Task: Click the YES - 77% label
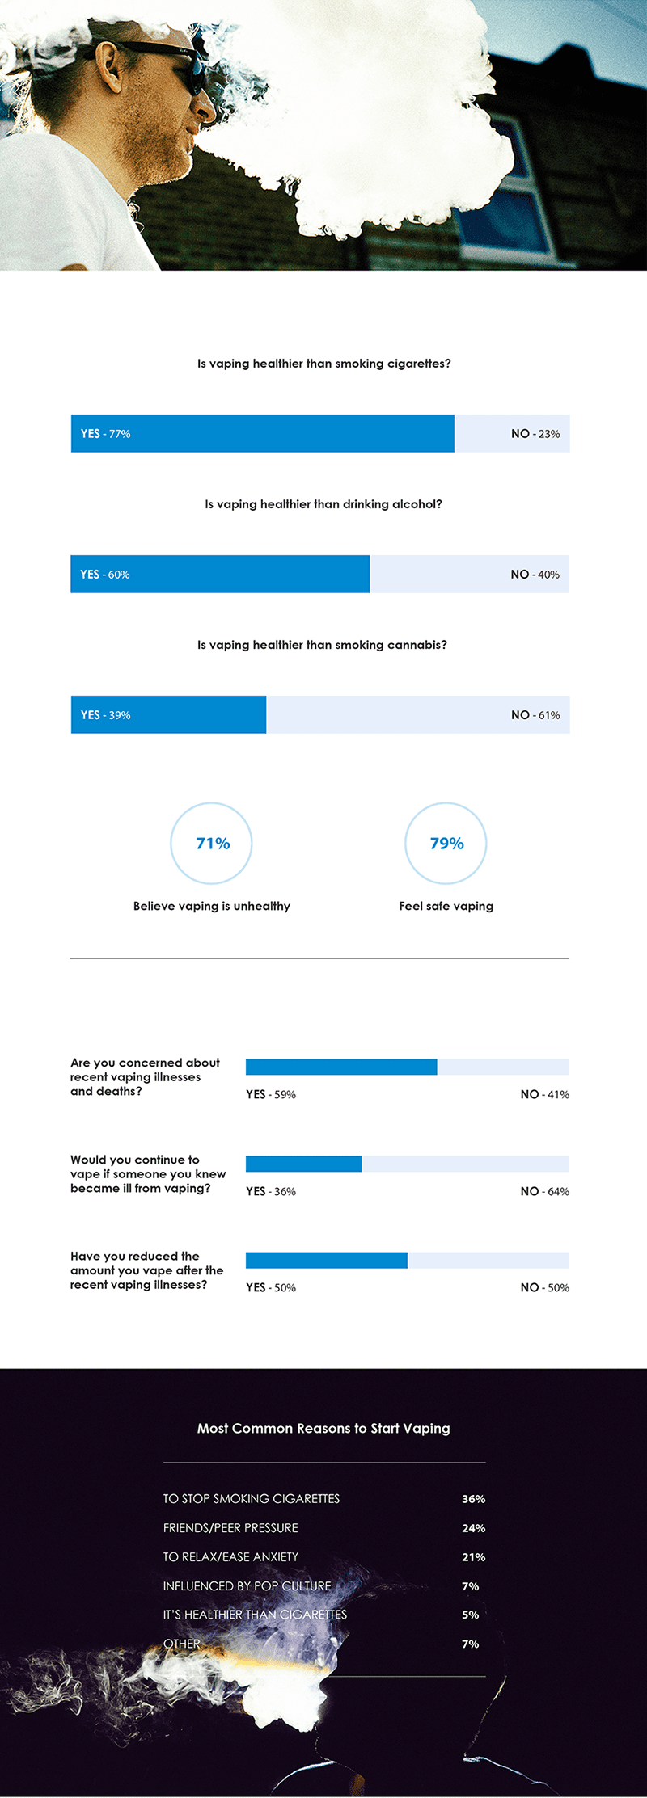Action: [105, 434]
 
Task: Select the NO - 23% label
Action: [535, 434]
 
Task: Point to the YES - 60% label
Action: [104, 575]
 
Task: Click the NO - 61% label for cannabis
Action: [535, 715]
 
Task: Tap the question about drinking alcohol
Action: [323, 504]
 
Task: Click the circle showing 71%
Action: [212, 843]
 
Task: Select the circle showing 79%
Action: [446, 843]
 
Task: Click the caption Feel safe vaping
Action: [446, 906]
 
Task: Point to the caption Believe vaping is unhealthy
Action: [212, 906]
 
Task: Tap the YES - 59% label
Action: [271, 1094]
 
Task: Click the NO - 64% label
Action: [544, 1191]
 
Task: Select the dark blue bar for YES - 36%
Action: [303, 1164]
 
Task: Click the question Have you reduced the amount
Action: [146, 1270]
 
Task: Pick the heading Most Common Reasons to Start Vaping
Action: [323, 1428]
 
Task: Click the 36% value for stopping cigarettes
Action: [473, 1499]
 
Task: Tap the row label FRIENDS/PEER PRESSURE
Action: [230, 1528]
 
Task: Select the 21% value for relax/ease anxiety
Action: [473, 1557]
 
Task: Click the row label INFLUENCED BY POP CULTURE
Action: [247, 1586]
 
